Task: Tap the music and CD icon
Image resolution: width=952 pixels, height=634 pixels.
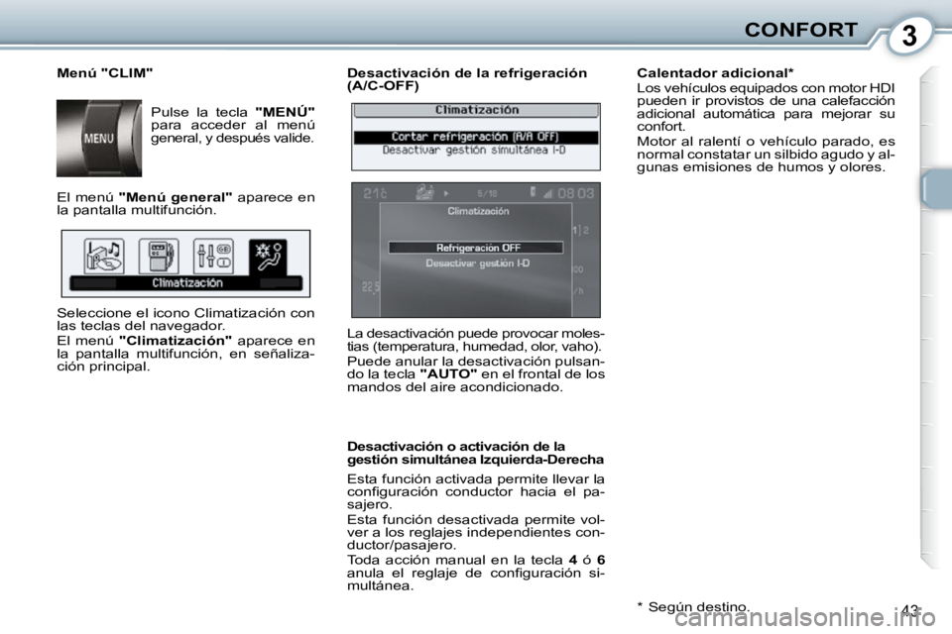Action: tap(104, 257)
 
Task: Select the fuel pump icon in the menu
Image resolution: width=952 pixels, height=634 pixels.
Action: tap(158, 257)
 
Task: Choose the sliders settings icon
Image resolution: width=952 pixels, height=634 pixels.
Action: tap(212, 257)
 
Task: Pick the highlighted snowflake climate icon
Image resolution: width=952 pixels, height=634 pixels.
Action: tap(268, 257)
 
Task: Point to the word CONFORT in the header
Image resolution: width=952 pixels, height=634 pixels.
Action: tap(801, 30)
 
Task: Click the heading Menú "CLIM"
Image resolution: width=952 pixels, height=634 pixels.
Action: tap(104, 73)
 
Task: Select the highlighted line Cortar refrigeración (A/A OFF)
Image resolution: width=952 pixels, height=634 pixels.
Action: tap(476, 137)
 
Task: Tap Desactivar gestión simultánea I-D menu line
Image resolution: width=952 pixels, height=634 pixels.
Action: tap(476, 151)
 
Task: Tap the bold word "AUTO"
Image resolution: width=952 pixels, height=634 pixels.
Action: tap(448, 374)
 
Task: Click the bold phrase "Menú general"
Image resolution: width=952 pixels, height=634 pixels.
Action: tap(175, 197)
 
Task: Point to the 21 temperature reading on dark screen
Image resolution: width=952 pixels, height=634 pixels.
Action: tap(374, 194)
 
